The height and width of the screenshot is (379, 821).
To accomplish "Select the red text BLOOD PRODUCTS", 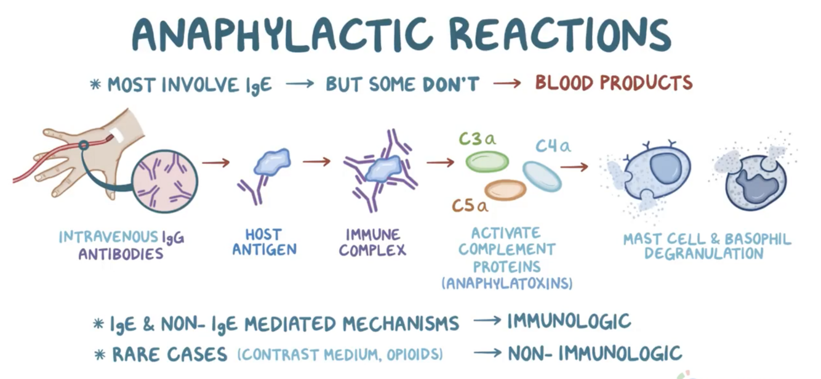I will pos(614,83).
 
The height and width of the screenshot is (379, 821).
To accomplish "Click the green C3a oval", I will pos(487,161).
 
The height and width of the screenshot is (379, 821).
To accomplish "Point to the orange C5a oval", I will pos(505,190).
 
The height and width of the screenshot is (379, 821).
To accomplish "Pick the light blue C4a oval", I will pos(542,176).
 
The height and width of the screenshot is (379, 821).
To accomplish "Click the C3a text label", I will pos(477,139).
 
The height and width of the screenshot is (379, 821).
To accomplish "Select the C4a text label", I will pos(553,146).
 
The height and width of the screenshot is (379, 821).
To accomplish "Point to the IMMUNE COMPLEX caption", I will pos(372,242).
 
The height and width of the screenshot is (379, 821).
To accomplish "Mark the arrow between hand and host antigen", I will pos(215,163).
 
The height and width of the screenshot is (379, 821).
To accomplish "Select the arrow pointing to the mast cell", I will pos(574,166).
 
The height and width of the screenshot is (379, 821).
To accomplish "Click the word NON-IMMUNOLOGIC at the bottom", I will pos(595,353).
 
